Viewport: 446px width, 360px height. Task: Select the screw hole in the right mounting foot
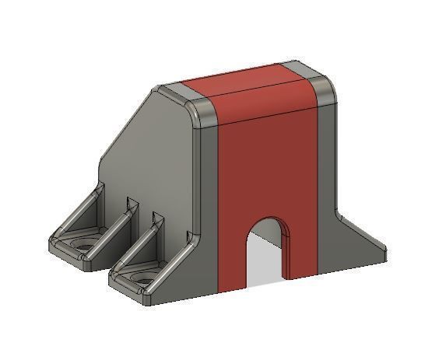click(x=141, y=275)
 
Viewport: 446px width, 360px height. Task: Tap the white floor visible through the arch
click(x=265, y=268)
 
